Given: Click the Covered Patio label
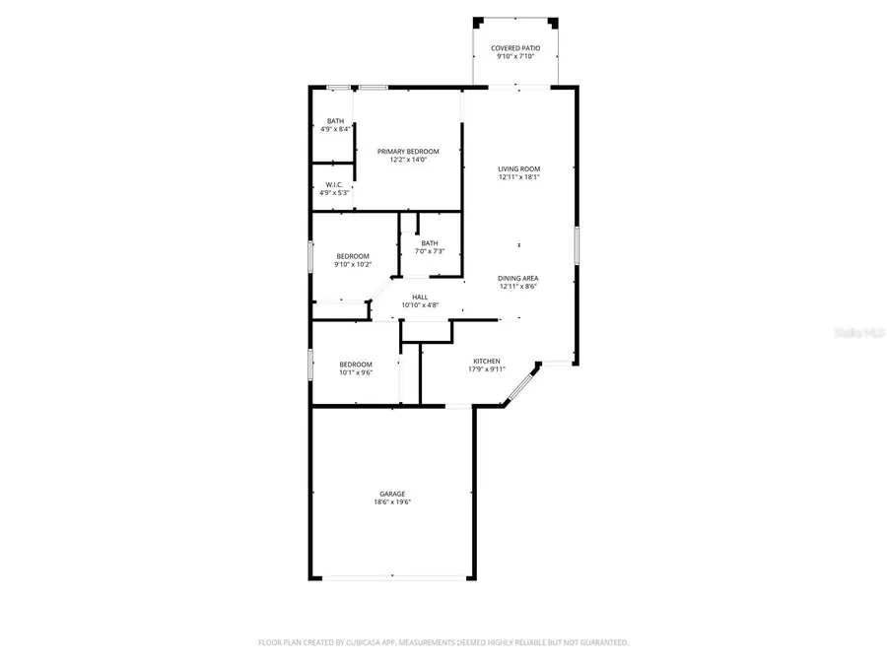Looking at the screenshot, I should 515,47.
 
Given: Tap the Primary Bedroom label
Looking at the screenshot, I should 408,151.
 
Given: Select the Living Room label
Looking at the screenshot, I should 518,168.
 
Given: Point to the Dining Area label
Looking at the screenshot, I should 518,278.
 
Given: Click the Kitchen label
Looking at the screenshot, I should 486,361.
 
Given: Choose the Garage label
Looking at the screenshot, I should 392,494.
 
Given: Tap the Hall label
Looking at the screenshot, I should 420,297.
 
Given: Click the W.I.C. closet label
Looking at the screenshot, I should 333,184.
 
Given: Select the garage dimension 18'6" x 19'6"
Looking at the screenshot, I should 392,502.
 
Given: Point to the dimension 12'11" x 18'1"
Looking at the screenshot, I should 518,177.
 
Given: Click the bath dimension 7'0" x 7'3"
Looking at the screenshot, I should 430,251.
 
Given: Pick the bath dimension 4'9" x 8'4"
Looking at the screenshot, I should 336,129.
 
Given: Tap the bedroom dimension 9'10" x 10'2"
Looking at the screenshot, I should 353,264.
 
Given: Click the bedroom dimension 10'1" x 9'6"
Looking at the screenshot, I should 356,372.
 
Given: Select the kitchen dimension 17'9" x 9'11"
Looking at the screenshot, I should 486,369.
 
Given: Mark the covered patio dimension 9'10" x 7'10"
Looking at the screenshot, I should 515,56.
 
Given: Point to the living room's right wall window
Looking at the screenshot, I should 577,244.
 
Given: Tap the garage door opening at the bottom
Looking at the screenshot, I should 392,577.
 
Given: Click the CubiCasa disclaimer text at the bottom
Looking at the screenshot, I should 443,642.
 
